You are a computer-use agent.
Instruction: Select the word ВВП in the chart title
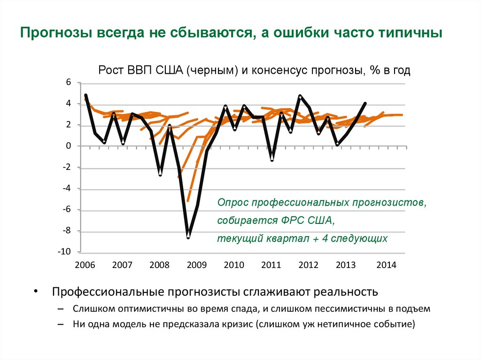point(142,70)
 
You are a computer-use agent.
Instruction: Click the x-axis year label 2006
point(85,265)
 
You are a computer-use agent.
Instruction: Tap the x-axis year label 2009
point(196,265)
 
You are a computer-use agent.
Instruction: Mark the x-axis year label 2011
point(271,265)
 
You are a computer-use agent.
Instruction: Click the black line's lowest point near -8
point(188,237)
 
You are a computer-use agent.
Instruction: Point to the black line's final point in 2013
point(365,103)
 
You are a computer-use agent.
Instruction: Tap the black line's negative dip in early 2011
point(272,160)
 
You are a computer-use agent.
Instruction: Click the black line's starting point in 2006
point(85,95)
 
